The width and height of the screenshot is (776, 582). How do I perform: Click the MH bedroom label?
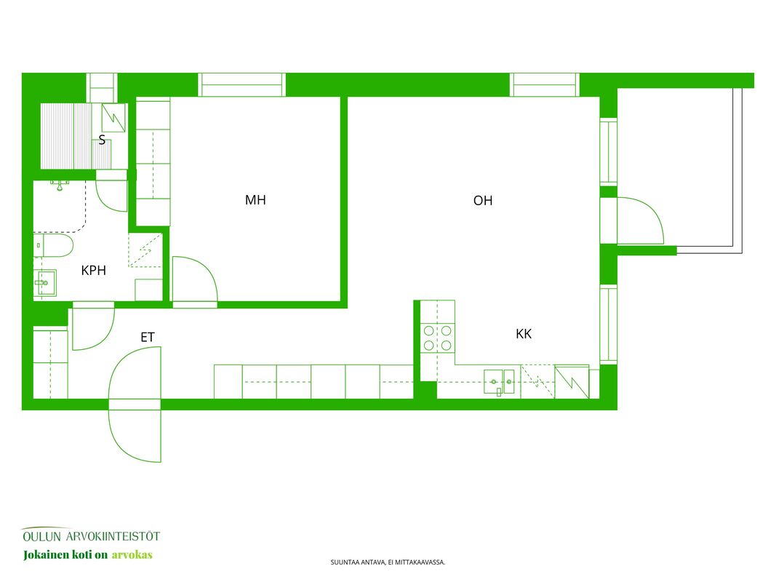pos(255,200)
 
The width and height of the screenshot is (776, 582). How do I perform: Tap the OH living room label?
pos(483,201)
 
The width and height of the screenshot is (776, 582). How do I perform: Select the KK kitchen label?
pos(524,334)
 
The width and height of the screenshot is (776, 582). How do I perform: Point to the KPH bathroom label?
pos(94,270)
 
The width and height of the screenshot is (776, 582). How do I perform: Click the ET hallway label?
pos(148,338)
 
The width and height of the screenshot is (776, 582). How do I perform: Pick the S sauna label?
pos(102,140)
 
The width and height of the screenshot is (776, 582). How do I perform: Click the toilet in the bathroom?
pos(54,245)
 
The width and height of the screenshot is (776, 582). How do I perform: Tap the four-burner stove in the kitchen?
pos(438,338)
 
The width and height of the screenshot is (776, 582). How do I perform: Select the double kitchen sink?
pos(499,382)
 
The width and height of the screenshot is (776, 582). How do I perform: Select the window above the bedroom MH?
pos(242,84)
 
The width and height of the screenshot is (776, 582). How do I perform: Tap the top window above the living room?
pos(545,84)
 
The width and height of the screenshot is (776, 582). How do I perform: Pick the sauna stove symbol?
pos(113,118)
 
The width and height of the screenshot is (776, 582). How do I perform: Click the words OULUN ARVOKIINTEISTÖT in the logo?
pos(92,536)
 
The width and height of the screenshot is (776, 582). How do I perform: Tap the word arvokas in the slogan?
pos(132,555)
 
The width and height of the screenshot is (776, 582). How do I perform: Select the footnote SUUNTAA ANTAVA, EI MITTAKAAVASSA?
pos(388,562)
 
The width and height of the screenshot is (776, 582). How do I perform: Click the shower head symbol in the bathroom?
pos(60,185)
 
